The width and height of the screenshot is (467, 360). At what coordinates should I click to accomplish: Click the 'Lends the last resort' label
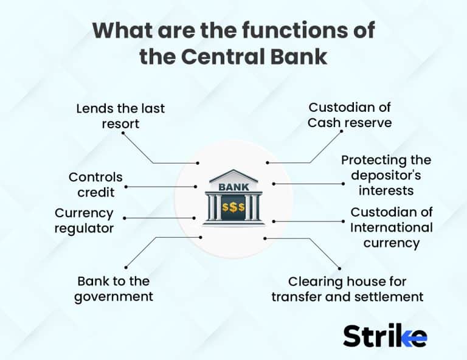click(x=120, y=116)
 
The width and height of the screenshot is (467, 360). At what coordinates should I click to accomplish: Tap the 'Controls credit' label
click(x=95, y=185)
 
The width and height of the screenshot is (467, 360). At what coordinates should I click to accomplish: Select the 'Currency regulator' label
click(x=84, y=221)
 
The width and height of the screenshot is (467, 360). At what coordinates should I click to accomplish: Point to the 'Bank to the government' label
click(x=115, y=289)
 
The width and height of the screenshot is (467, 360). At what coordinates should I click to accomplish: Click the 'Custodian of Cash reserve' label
click(x=349, y=115)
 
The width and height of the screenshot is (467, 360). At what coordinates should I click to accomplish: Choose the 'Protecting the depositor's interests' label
click(x=386, y=175)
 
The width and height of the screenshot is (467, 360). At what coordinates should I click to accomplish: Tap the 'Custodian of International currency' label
click(x=392, y=227)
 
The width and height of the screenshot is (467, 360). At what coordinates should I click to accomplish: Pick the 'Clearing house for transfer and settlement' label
click(x=347, y=289)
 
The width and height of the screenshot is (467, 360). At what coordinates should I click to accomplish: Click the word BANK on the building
click(x=233, y=187)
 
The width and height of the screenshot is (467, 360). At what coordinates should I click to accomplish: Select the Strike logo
click(x=384, y=335)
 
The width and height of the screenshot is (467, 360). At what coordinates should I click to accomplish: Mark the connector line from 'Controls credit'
click(x=161, y=187)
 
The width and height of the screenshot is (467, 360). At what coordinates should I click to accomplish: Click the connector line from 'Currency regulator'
click(x=159, y=217)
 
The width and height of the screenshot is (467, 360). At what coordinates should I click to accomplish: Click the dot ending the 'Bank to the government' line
click(x=126, y=266)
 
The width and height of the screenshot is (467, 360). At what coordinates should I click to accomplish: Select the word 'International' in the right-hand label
click(x=392, y=228)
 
